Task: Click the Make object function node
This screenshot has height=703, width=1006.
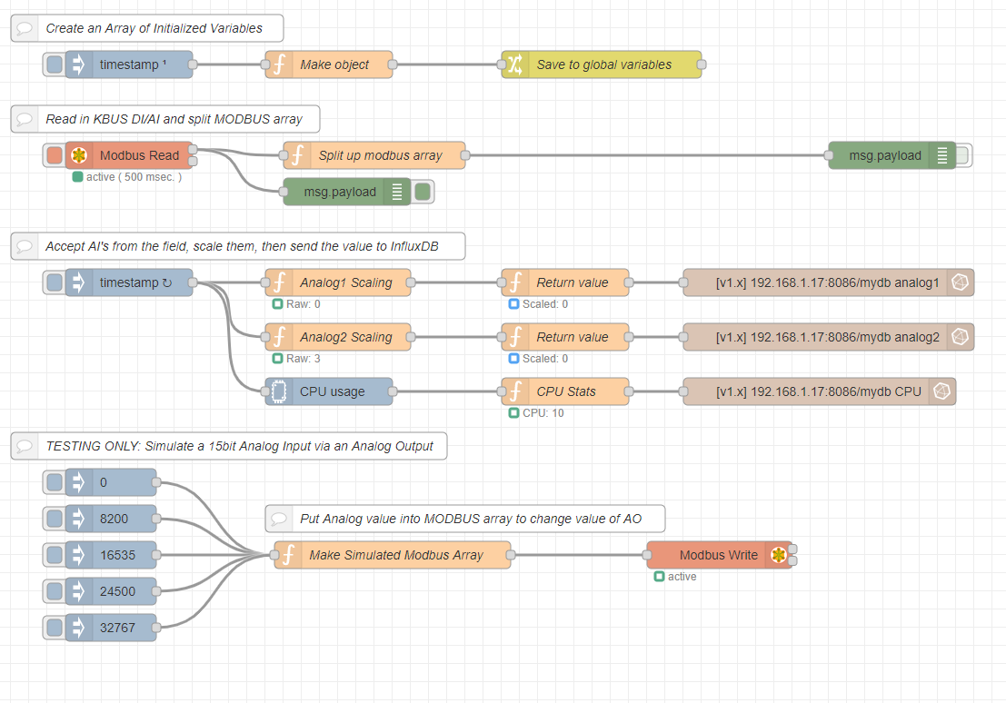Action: (334, 64)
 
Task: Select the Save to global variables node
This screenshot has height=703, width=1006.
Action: (603, 64)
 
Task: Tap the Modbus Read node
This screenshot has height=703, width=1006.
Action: (138, 155)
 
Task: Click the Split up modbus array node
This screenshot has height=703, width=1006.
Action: (380, 155)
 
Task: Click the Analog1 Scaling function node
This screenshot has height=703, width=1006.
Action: (345, 282)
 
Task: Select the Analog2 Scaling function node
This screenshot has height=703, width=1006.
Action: (345, 337)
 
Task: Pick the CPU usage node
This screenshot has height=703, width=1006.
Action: (332, 391)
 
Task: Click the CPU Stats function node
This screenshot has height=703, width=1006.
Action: (565, 391)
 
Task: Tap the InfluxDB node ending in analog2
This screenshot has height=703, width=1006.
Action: (827, 337)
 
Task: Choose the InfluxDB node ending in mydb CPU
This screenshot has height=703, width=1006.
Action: (818, 391)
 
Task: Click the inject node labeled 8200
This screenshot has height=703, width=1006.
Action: (115, 519)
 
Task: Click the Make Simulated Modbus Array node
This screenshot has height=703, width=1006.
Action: (395, 555)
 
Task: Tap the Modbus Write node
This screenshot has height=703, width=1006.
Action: (718, 555)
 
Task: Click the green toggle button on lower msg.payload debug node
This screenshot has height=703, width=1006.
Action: (423, 192)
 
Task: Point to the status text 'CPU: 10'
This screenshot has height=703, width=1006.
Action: (543, 413)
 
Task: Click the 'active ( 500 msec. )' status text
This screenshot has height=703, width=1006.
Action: (134, 177)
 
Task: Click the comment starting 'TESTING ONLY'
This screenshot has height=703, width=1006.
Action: (238, 446)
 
